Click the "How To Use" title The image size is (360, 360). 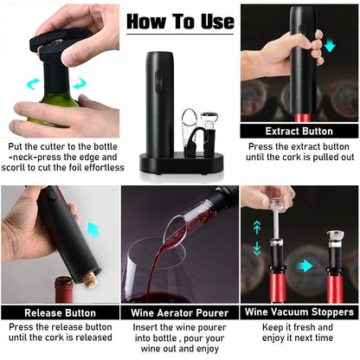pyautogui.click(x=181, y=20)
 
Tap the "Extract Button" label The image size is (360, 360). pyautogui.click(x=299, y=132)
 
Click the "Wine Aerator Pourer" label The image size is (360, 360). pyautogui.click(x=180, y=312)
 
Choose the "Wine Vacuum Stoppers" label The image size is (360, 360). pyautogui.click(x=299, y=312)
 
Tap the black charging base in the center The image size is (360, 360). pyautogui.click(x=179, y=162)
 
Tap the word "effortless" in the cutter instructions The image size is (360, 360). pyautogui.click(x=87, y=170)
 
